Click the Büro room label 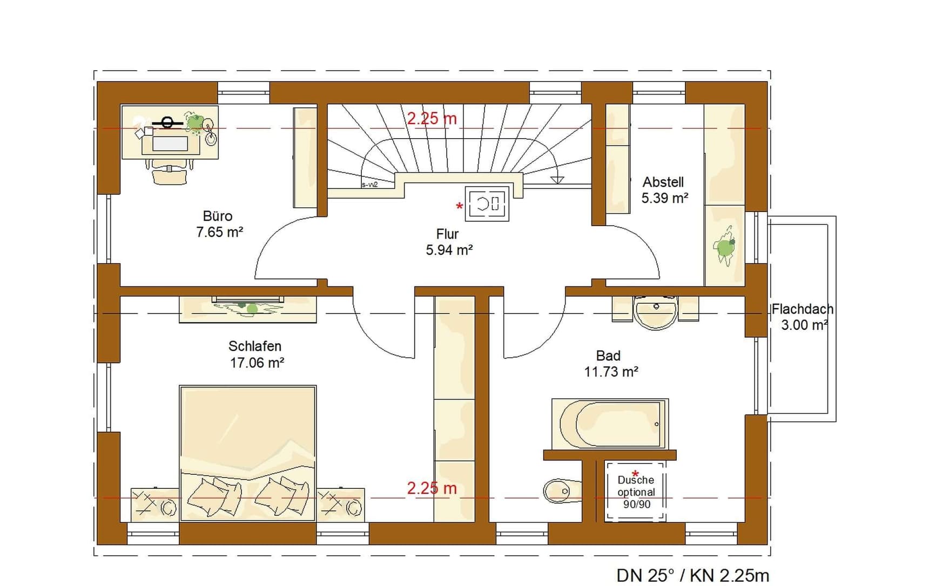click(218, 216)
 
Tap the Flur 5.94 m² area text click(449, 250)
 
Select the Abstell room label click(663, 182)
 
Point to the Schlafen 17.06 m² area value click(257, 363)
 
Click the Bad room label click(608, 356)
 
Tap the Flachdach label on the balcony click(803, 309)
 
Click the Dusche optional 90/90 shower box click(635, 491)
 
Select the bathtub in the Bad click(610, 424)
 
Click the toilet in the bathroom click(562, 490)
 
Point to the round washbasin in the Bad click(656, 312)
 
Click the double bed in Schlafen click(247, 453)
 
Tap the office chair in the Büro click(170, 171)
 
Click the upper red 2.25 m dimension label click(432, 118)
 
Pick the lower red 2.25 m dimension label click(432, 488)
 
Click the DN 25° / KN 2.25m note click(693, 575)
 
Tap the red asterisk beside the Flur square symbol click(460, 206)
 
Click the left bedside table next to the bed click(155, 505)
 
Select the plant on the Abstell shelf click(725, 246)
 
